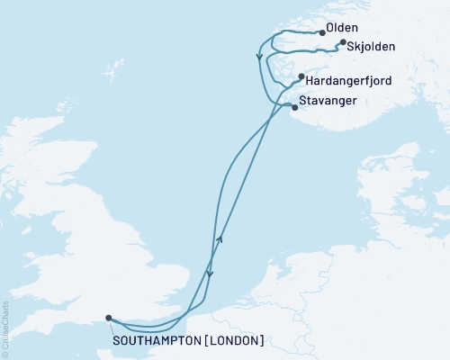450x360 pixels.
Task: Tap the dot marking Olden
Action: (323, 32)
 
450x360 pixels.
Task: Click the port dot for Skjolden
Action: (343, 41)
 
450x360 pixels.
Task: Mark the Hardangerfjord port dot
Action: (301, 78)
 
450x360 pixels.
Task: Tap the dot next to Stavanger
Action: (294, 107)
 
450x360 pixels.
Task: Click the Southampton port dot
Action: (108, 317)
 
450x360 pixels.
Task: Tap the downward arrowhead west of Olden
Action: (260, 58)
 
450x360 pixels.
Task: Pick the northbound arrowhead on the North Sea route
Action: (220, 238)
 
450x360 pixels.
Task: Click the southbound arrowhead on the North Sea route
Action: (211, 274)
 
